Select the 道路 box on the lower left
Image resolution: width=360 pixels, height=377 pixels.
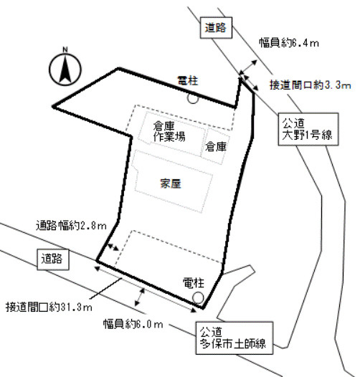(51, 258)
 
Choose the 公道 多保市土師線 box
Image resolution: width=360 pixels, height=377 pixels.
(233, 337)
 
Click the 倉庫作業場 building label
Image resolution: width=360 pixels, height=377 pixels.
(169, 133)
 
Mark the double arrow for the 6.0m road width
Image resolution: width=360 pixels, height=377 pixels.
(141, 295)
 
